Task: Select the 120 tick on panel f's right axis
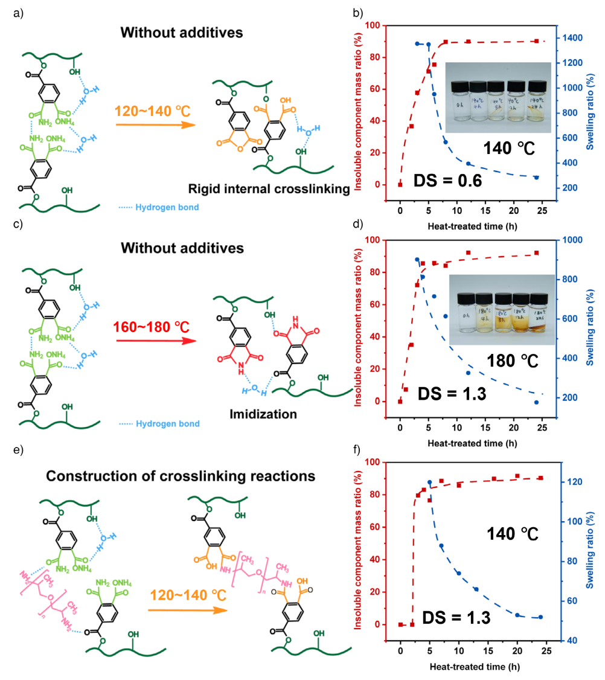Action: tap(566, 482)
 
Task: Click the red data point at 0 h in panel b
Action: tap(400, 184)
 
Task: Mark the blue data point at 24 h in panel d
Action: tap(536, 402)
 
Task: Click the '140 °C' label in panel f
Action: tap(513, 534)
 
